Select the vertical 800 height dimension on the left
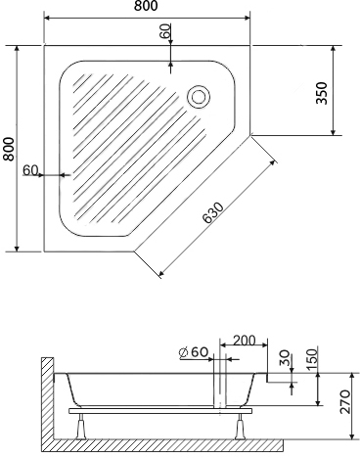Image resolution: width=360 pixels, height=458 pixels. point(9,149)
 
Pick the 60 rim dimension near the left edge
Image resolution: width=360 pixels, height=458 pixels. point(29,170)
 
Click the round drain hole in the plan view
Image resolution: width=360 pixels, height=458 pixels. point(199,96)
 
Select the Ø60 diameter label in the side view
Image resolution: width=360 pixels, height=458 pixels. point(195,352)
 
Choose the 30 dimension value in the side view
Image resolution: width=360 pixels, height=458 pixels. point(285,358)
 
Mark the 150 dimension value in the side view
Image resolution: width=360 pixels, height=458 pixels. point(310,359)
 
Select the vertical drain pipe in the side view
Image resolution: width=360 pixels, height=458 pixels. point(223,391)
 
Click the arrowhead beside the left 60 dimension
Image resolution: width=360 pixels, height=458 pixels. point(61,175)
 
